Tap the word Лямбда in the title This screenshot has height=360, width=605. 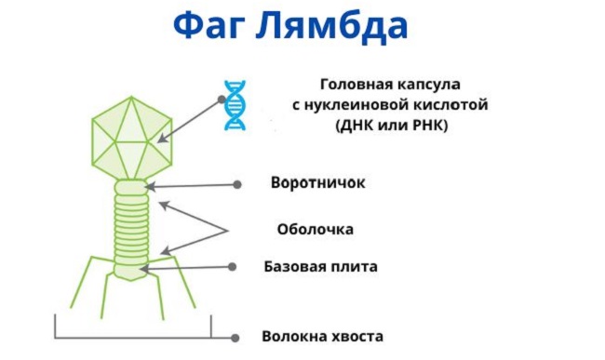click(339, 25)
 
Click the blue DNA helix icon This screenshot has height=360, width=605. click(235, 105)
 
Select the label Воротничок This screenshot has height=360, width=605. click(317, 182)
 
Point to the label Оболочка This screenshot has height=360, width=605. click(316, 228)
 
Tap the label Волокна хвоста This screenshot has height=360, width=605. click(322, 337)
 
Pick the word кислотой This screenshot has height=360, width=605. click(455, 103)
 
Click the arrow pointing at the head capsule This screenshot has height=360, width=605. click(191, 117)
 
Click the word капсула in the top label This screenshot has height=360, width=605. click(433, 81)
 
